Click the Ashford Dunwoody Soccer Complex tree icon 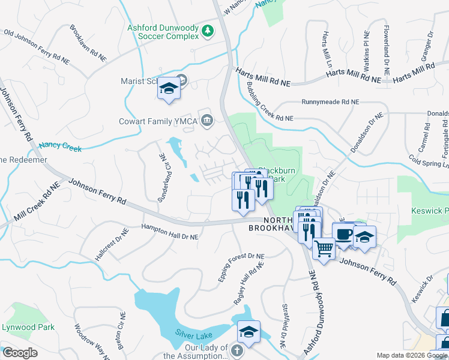[x=208, y=31]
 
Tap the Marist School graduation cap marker [x=169, y=89]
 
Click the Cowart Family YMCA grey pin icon [x=206, y=120]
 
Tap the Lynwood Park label [x=28, y=327]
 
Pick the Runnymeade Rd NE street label [x=330, y=103]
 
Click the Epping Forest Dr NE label [x=241, y=268]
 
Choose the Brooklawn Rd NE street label [x=88, y=44]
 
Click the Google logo [x=20, y=353]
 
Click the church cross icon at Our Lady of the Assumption [x=237, y=351]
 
